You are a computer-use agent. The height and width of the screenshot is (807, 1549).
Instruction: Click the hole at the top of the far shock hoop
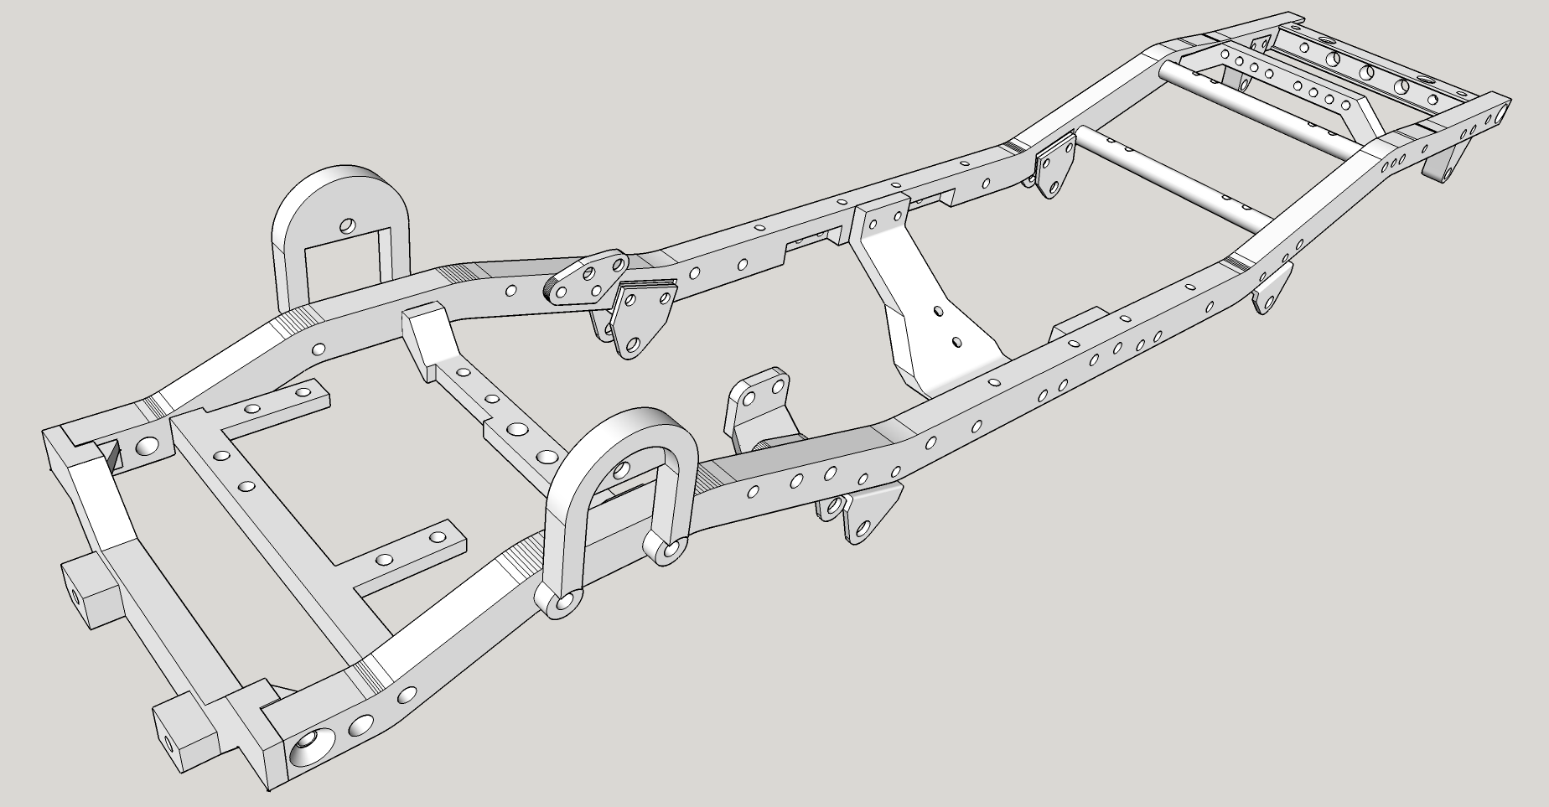pyautogui.click(x=347, y=225)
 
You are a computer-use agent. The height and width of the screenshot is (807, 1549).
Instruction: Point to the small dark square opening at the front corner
pyautogui.click(x=113, y=456)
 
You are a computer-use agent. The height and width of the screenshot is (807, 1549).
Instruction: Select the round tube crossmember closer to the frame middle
pyautogui.click(x=1169, y=177)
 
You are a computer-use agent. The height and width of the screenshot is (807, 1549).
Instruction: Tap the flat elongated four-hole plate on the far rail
pyautogui.click(x=586, y=278)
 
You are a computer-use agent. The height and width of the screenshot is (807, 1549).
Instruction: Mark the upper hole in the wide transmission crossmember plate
pyautogui.click(x=937, y=311)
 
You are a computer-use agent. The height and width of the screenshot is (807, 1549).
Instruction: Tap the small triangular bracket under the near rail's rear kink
pyautogui.click(x=1271, y=289)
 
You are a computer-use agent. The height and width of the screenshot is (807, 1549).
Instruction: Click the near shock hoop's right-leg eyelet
pyautogui.click(x=667, y=549)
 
